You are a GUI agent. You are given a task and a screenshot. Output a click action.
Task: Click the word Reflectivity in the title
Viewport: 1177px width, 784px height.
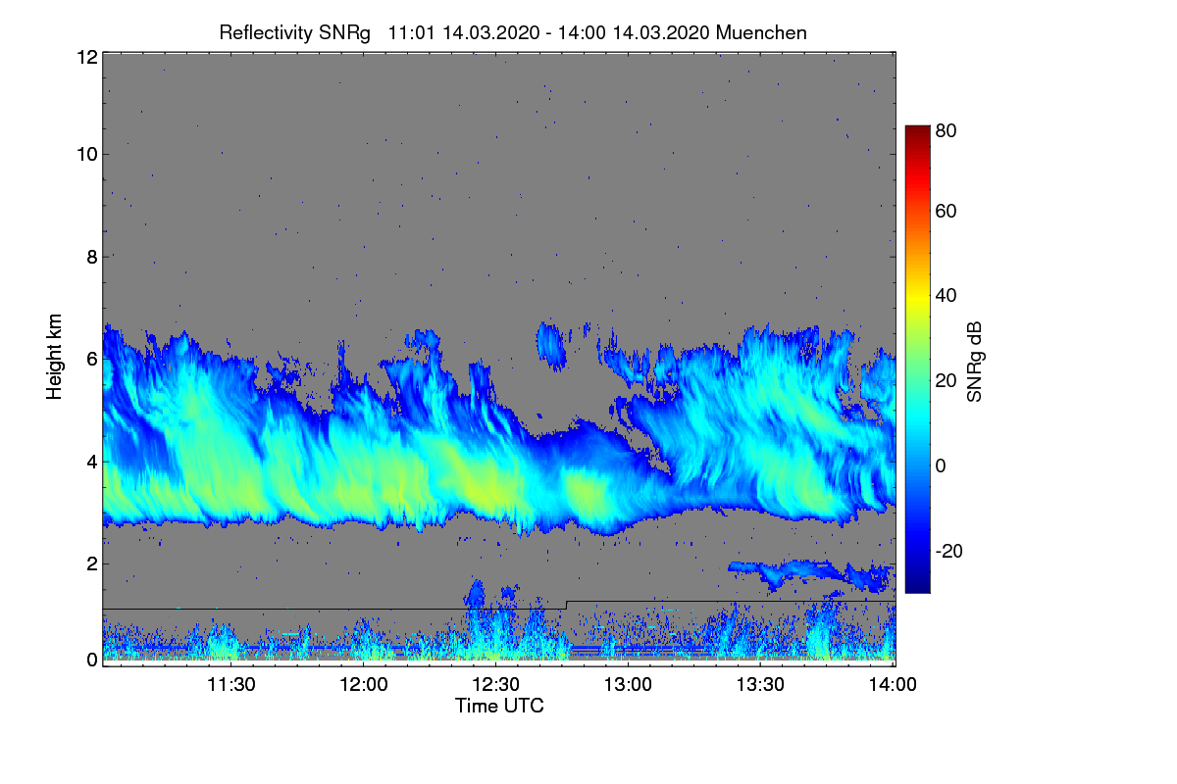tap(266, 33)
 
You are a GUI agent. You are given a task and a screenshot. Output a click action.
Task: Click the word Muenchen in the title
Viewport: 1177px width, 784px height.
tap(761, 32)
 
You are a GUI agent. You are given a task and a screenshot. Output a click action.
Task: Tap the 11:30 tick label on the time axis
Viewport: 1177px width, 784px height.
tap(231, 684)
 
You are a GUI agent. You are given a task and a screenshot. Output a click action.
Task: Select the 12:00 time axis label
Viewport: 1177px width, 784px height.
tap(364, 684)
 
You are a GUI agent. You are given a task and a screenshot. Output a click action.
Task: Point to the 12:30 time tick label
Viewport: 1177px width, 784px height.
tap(495, 684)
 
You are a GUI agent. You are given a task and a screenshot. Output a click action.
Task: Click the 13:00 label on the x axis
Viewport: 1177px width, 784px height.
tap(628, 684)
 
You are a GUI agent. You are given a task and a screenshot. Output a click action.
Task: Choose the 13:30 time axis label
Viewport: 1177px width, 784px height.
tap(760, 684)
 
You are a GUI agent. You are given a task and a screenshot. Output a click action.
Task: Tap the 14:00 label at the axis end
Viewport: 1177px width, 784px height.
tap(893, 684)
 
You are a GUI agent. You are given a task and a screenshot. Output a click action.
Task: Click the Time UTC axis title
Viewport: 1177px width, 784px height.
tap(499, 706)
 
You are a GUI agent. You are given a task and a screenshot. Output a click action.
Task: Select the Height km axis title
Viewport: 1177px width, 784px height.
tap(54, 357)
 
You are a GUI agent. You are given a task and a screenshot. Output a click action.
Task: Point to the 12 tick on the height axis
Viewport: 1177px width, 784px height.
tap(87, 57)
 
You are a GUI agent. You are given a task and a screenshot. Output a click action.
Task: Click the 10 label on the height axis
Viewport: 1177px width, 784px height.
tap(87, 155)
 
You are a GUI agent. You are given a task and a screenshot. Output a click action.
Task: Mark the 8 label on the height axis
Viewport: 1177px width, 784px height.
tap(92, 257)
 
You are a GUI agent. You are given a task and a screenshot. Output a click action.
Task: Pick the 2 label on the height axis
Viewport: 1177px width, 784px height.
tap(92, 563)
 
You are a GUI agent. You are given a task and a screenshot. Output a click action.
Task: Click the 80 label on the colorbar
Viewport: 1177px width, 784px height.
tap(946, 130)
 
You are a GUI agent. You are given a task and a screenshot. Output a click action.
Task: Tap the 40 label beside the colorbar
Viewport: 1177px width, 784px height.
tap(946, 296)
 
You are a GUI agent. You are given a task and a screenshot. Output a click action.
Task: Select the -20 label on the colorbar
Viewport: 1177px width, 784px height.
tap(949, 551)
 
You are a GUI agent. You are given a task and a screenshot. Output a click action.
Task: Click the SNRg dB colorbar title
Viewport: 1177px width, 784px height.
tap(974, 362)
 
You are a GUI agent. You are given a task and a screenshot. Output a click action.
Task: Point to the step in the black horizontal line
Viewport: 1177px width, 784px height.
tap(567, 605)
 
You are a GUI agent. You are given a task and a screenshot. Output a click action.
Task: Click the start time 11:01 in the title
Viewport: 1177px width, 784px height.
tap(411, 32)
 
